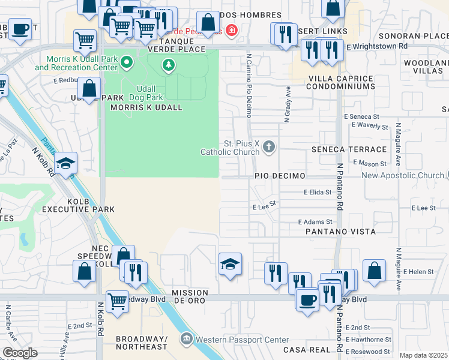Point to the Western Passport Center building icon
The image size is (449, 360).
187,340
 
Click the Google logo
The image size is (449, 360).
20,353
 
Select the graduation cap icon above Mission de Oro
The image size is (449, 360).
230,264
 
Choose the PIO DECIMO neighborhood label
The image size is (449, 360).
280,176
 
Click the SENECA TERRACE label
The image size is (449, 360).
349,149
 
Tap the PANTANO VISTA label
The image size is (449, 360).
340,231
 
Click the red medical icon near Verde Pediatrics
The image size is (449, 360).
231,29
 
